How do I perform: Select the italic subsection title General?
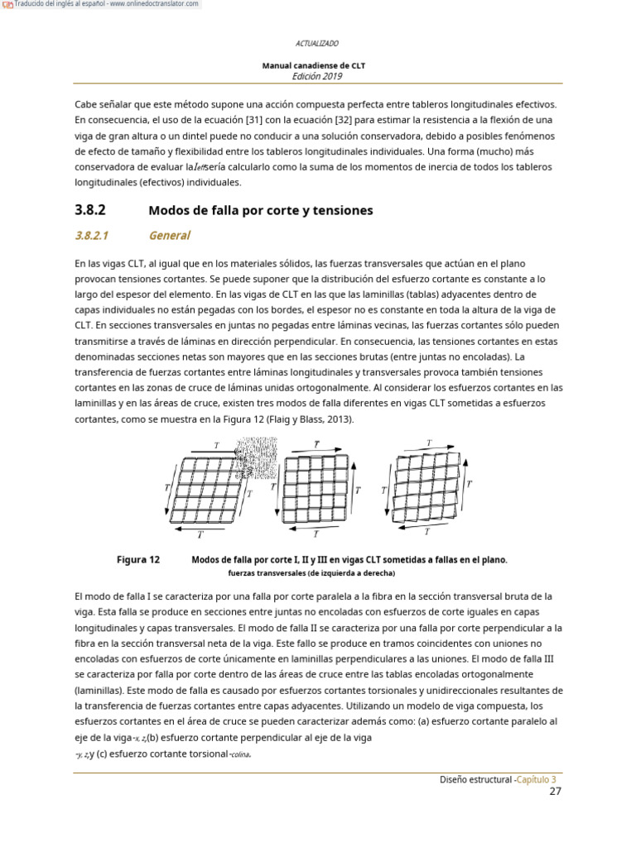pyautogui.click(x=169, y=236)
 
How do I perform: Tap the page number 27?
pyautogui.click(x=556, y=792)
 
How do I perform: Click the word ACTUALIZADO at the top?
pyautogui.click(x=317, y=43)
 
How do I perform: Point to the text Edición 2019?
pyautogui.click(x=317, y=75)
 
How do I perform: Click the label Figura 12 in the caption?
pyautogui.click(x=137, y=560)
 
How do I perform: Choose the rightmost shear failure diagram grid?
pyautogui.click(x=426, y=487)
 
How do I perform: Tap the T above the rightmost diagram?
pyautogui.click(x=428, y=443)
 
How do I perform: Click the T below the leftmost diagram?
pyautogui.click(x=200, y=534)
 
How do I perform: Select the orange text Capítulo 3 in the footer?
pyautogui.click(x=537, y=779)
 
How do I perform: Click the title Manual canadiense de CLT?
pyautogui.click(x=314, y=65)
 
